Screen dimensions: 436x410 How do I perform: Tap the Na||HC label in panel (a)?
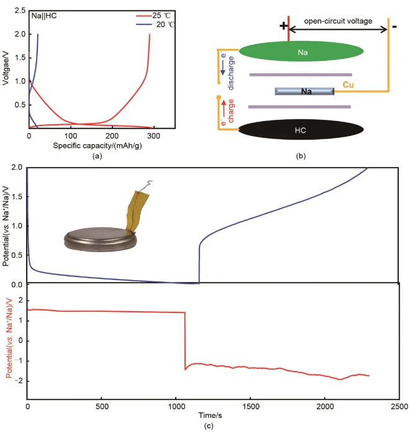click(44, 14)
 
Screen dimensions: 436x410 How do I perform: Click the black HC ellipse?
click(301, 130)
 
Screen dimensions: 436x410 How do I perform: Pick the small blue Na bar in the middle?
click(305, 91)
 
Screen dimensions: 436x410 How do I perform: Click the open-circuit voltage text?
click(339, 21)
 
